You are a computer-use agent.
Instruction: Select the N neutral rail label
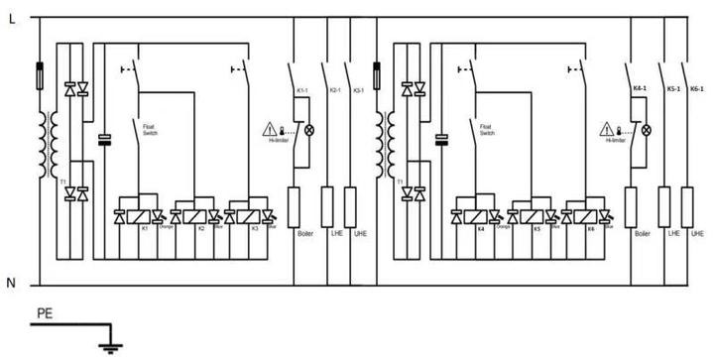(x=12, y=284)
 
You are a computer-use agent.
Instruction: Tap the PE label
(x=44, y=314)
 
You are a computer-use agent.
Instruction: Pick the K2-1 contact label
(x=335, y=90)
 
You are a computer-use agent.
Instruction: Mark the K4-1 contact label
(x=641, y=89)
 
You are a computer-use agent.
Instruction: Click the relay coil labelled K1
(x=145, y=215)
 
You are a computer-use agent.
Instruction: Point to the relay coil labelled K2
(x=201, y=215)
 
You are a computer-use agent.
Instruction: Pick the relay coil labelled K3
(x=256, y=215)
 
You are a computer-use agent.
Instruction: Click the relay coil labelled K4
(x=481, y=215)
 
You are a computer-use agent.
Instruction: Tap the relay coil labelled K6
(x=591, y=215)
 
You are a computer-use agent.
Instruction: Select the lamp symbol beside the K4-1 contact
(x=646, y=130)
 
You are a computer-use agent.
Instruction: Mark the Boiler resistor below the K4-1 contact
(x=631, y=205)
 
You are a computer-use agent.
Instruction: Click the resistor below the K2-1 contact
(x=327, y=205)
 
